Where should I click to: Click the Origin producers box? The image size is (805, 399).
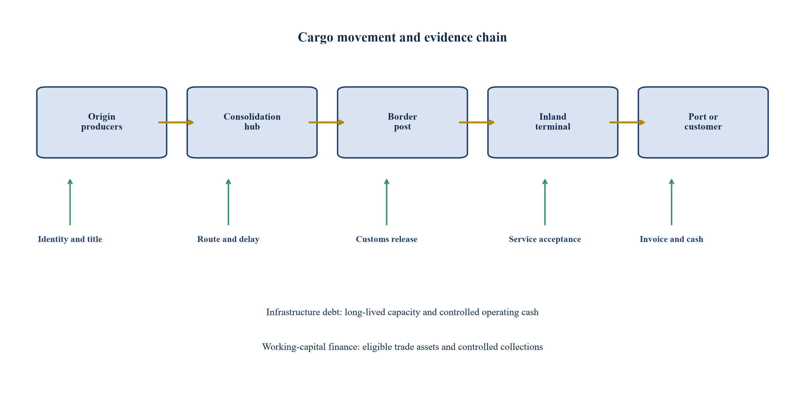101,122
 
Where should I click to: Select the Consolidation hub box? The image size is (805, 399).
252,122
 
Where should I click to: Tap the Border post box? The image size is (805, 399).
402,122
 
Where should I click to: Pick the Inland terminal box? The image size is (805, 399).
553,122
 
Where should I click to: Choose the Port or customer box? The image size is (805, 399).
703,122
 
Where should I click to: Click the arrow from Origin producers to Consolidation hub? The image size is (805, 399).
176,122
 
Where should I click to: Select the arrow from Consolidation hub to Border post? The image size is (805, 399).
326,122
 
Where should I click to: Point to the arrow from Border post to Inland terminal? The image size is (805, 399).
477,122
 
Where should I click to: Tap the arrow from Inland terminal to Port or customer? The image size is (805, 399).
627,122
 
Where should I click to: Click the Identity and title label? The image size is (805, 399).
70,239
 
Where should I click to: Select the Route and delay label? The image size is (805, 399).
228,239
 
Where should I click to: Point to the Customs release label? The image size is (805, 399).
387,239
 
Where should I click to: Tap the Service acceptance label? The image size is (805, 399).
545,239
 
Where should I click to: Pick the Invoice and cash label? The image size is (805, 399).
671,239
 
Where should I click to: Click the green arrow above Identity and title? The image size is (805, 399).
70,202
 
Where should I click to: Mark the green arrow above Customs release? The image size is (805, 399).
387,202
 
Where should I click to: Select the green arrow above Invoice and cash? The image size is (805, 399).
671,202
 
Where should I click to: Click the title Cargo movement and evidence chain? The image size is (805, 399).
402,37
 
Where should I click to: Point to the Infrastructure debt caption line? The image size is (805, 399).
402,312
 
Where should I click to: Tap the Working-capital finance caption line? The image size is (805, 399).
402,346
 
